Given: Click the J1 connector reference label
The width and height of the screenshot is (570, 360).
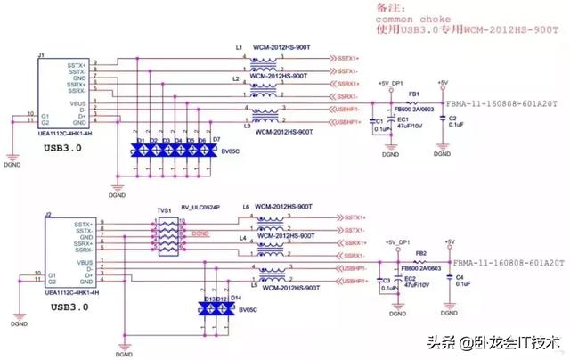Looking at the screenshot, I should tap(41, 55).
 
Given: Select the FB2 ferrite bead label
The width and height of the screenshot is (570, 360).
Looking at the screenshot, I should tap(421, 253).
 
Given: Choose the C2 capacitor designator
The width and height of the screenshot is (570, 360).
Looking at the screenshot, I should tap(452, 119).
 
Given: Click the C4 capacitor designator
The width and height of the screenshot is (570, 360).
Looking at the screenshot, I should tap(460, 279).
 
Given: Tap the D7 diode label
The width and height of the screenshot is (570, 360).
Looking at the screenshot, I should tap(216, 140).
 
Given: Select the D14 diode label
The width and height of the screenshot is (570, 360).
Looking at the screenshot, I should tap(237, 297).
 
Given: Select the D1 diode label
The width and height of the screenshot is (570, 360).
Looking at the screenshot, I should tap(141, 141).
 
